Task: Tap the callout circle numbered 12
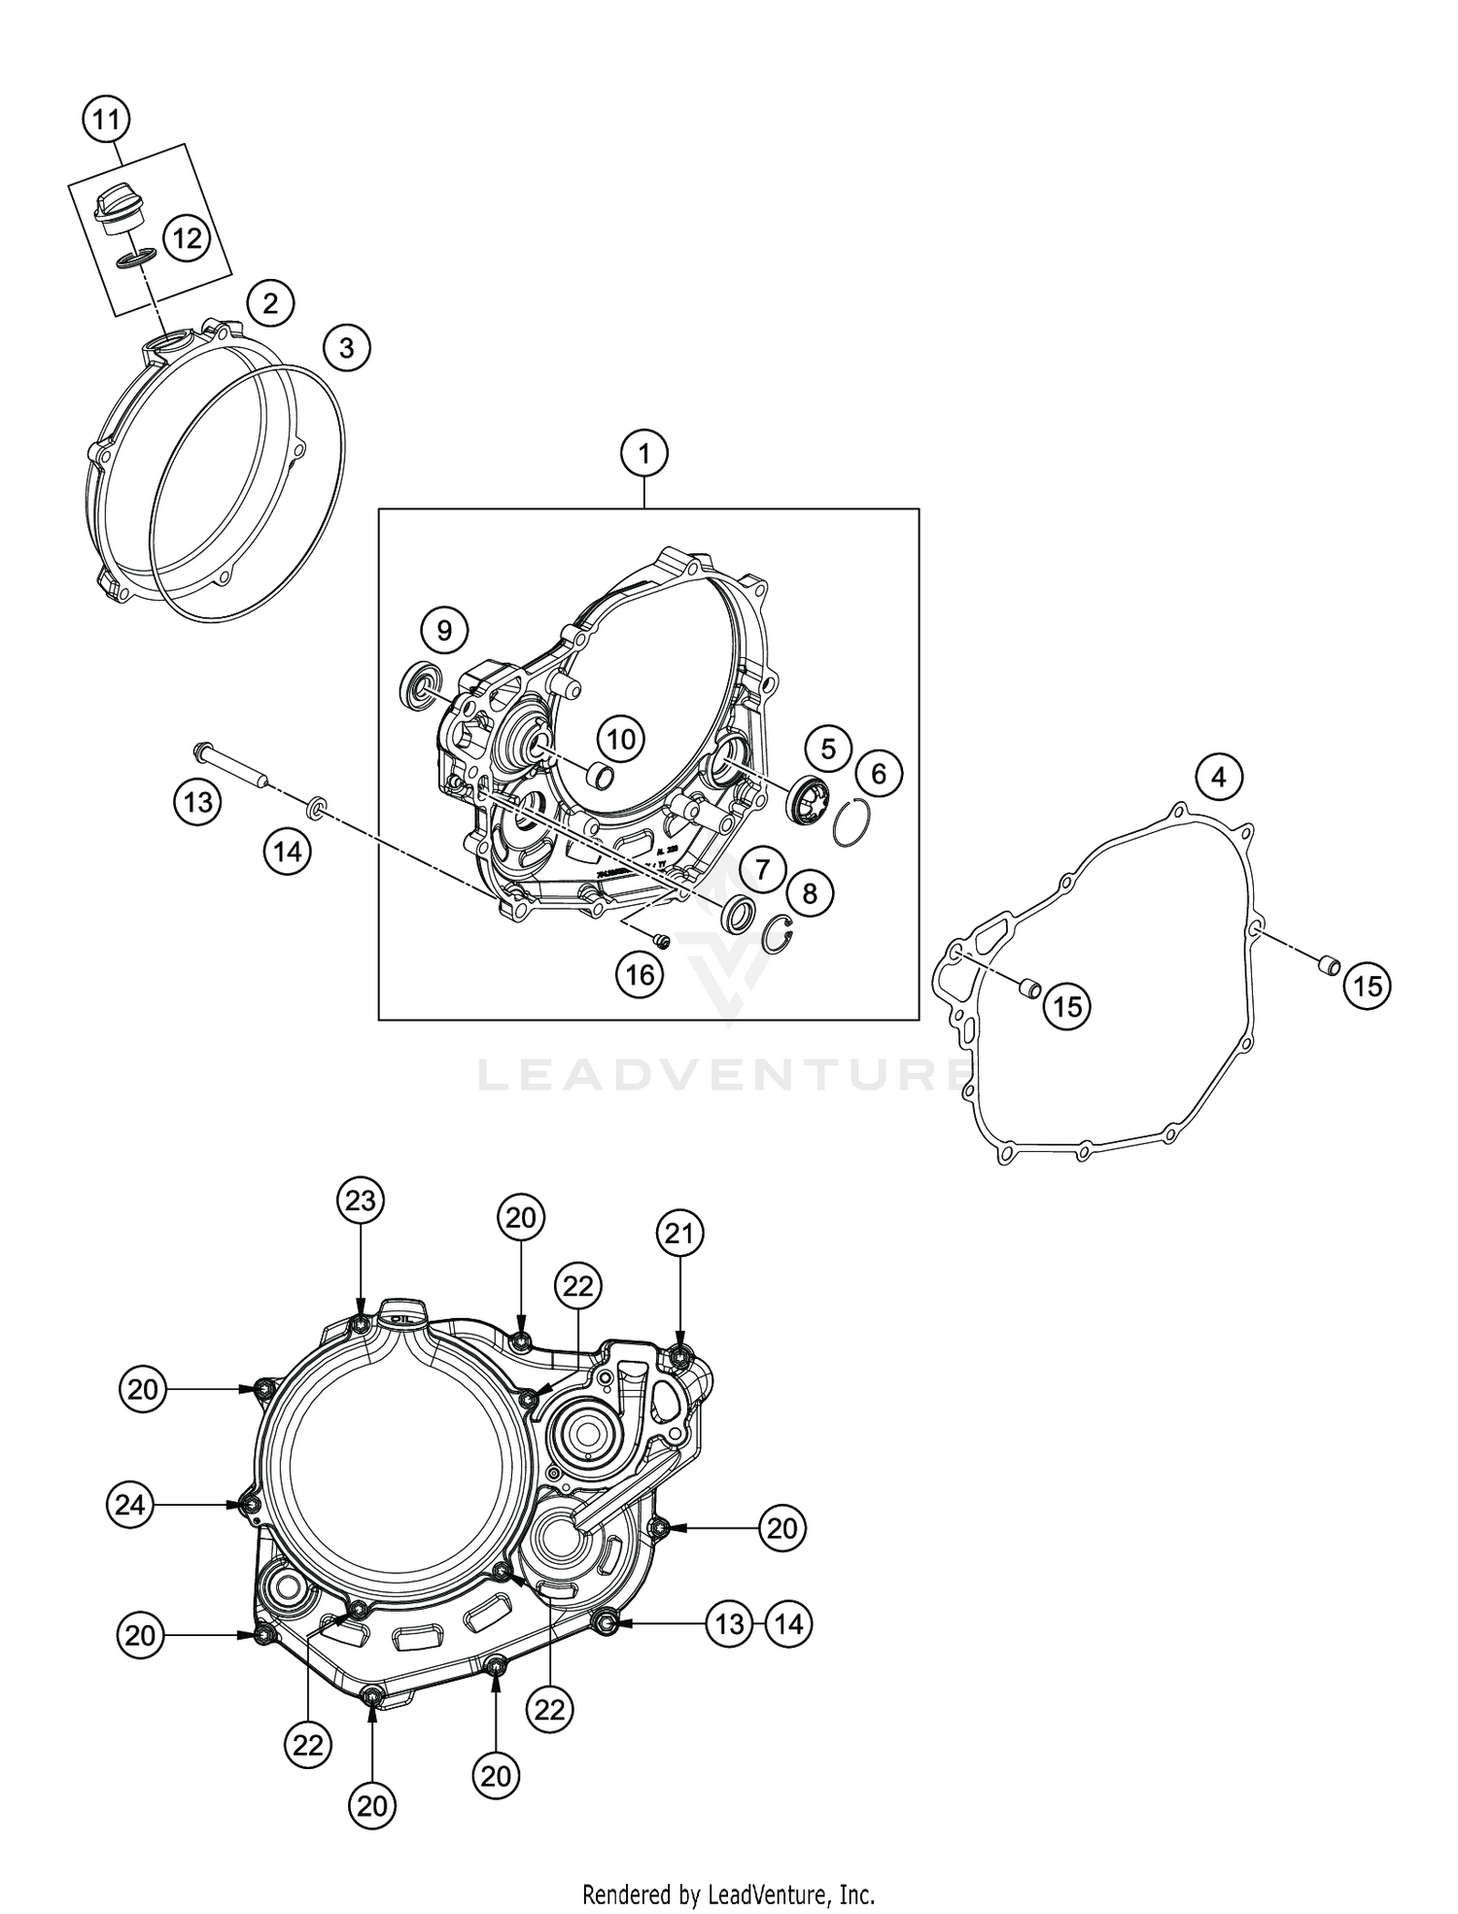tap(187, 237)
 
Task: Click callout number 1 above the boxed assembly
tap(646, 453)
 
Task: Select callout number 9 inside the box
tap(444, 631)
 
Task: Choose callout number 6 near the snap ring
tap(879, 774)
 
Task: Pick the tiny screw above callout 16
tap(660, 940)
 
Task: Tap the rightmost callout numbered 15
tap(1367, 987)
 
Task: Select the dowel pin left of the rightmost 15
tap(1327, 965)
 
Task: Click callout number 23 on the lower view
tap(361, 1201)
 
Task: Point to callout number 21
tap(678, 1234)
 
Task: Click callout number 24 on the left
tap(130, 1505)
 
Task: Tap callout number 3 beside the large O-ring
tap(347, 346)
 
